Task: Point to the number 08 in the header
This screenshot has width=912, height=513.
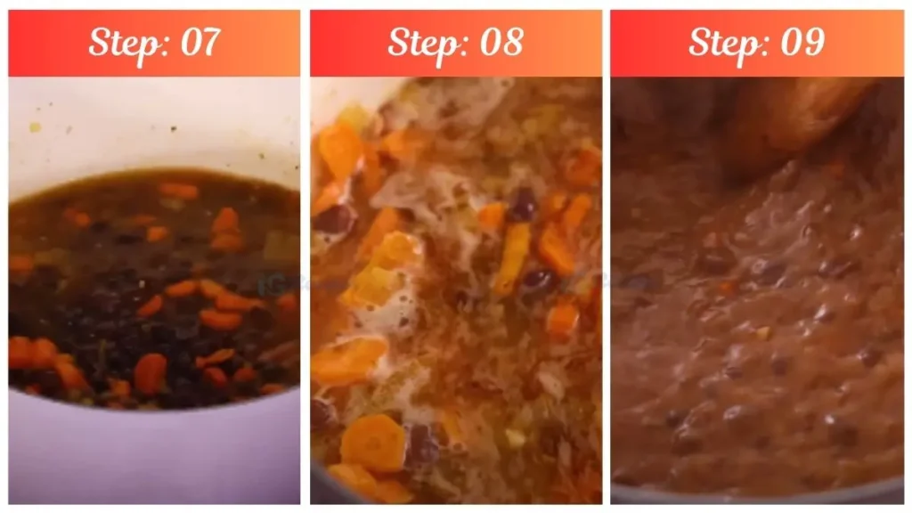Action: pos(501,42)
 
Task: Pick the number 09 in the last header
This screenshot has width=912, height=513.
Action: pos(801,42)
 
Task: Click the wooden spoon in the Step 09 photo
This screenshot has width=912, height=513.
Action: pos(802,116)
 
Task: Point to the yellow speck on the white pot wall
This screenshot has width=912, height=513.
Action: pos(35,127)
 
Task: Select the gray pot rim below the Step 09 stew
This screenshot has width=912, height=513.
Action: pos(757,495)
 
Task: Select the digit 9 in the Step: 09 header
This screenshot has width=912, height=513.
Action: pos(811,42)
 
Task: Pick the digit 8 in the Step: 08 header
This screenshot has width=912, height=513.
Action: pos(511,42)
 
